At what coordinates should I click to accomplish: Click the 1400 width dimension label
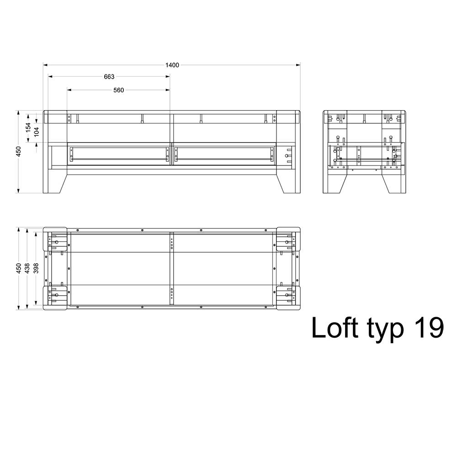tap(172, 65)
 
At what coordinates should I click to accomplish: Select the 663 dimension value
tap(109, 77)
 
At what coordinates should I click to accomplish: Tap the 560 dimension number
tap(119, 90)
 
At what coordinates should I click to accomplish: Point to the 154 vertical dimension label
tap(28, 128)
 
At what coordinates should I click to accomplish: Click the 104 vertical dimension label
tap(37, 132)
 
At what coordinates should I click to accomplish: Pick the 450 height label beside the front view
tap(18, 152)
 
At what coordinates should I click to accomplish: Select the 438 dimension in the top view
tap(27, 268)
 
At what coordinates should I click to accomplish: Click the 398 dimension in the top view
tap(36, 268)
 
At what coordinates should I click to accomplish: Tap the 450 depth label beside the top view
tap(18, 268)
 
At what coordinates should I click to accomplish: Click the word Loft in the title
tap(335, 328)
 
